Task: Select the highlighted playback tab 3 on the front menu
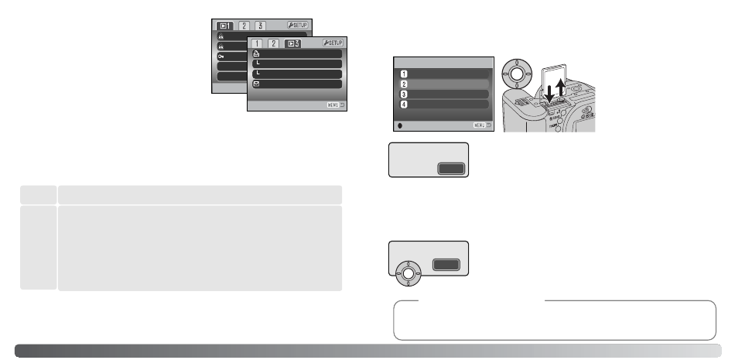click(293, 44)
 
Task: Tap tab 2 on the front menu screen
click(273, 44)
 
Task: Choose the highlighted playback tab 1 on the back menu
click(224, 26)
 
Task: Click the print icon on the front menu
click(256, 55)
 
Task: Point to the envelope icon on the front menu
click(256, 83)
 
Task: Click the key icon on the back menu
click(221, 57)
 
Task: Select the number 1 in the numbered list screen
click(404, 74)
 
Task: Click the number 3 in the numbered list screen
click(404, 94)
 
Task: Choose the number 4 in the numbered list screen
click(404, 104)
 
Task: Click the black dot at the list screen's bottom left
click(400, 124)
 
